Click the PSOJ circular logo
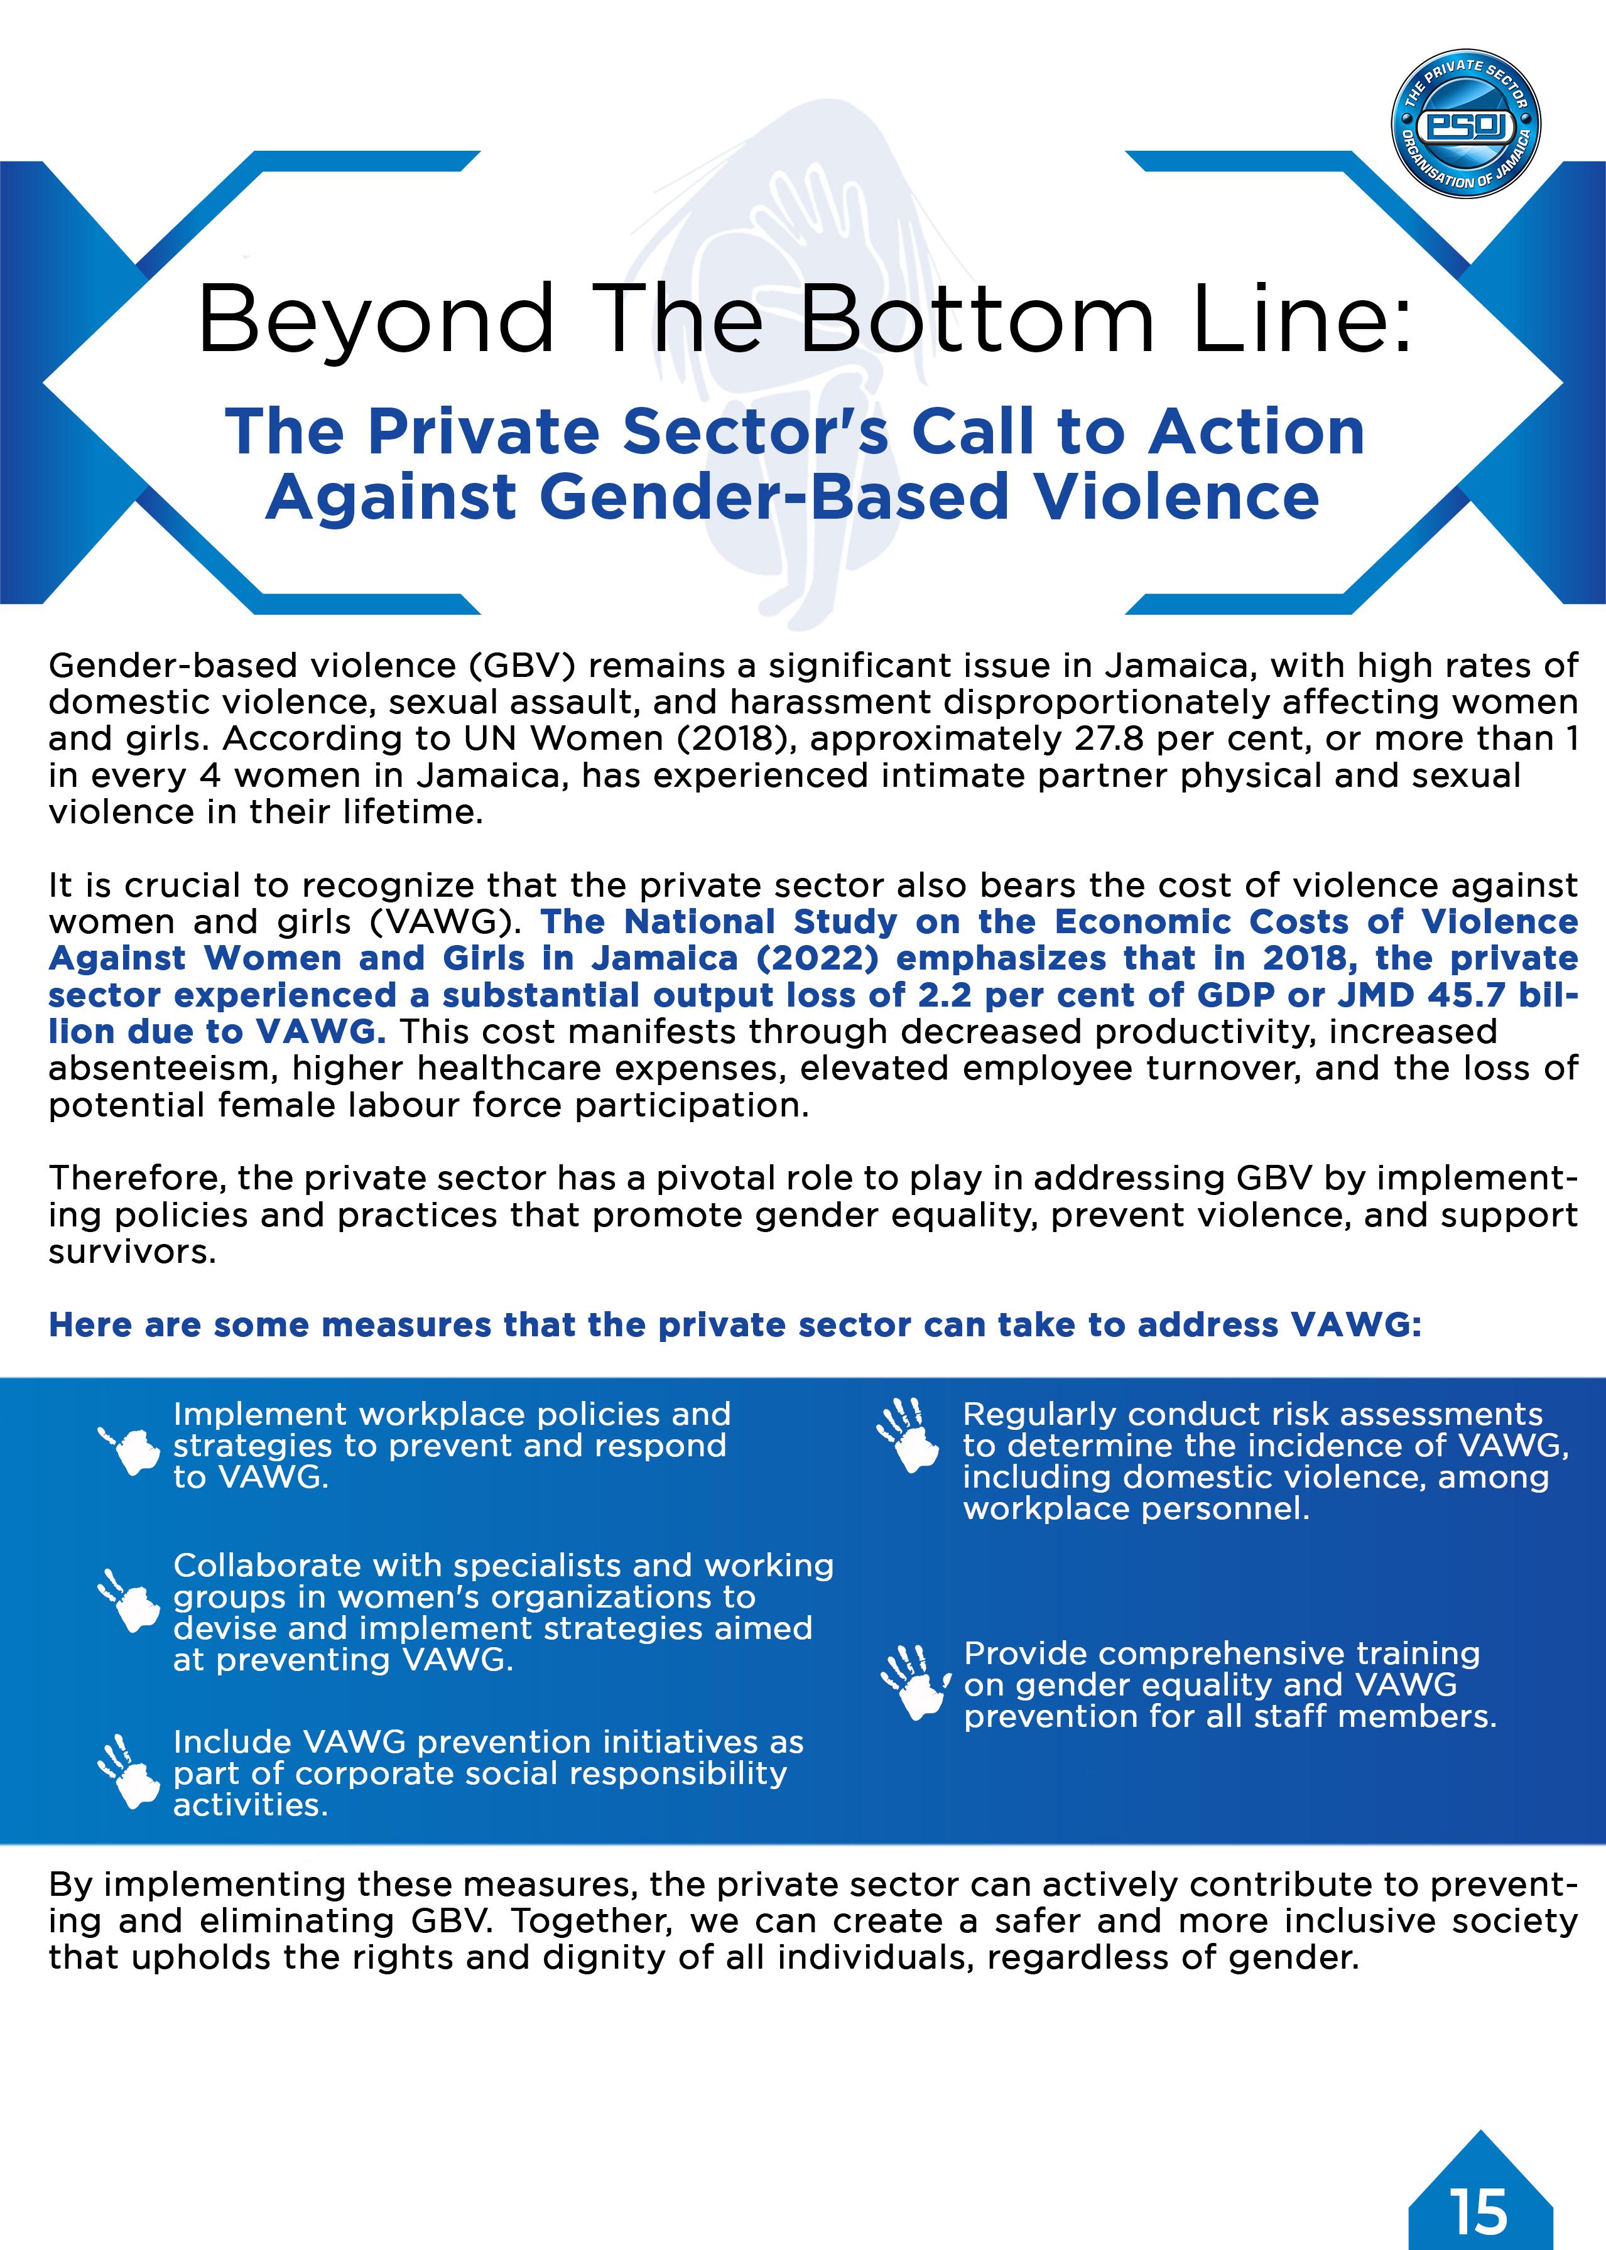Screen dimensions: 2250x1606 [x=1465, y=124]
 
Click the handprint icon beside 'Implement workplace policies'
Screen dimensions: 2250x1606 [x=129, y=1450]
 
